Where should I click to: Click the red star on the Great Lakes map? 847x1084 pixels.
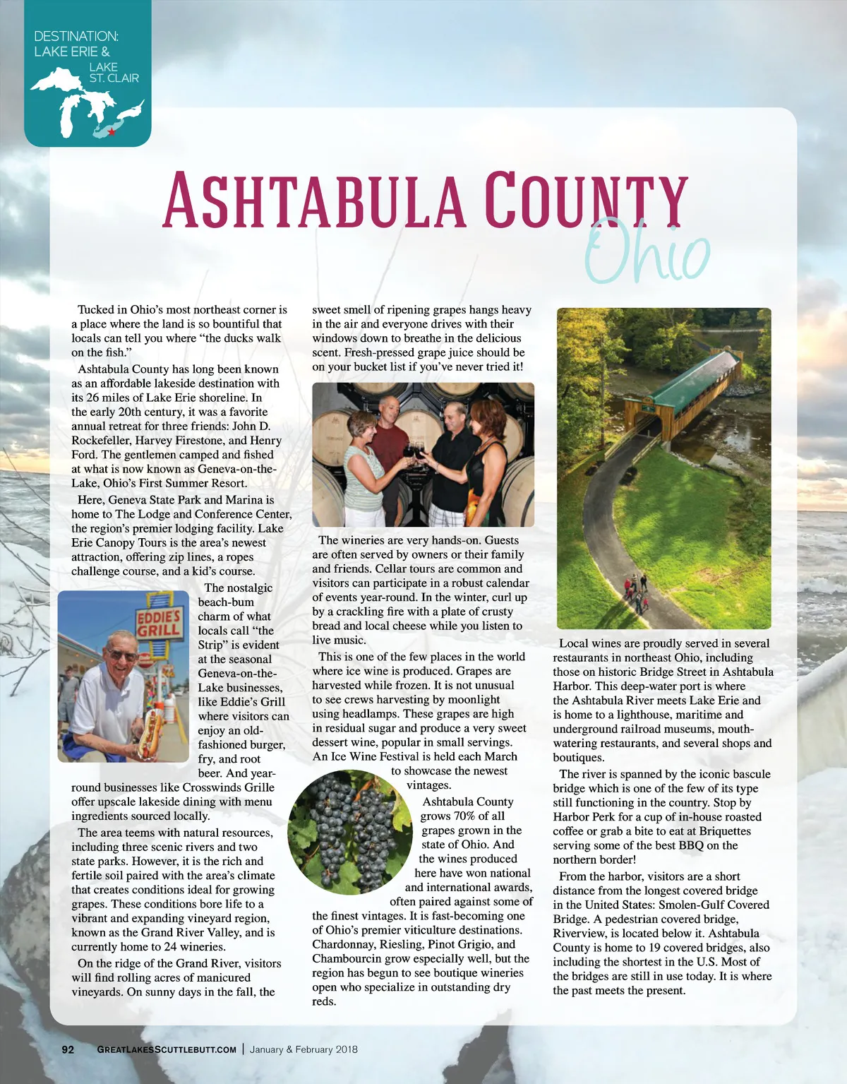112,132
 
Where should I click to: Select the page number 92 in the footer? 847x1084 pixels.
68,1049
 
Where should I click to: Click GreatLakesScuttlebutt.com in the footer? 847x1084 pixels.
167,1049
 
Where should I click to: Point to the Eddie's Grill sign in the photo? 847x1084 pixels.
159,621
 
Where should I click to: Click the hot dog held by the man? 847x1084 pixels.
148,734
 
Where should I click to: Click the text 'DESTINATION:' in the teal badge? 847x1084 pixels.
76,36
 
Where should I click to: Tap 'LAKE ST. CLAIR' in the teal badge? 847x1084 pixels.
114,73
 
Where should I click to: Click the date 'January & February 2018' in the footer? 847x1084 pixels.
304,1049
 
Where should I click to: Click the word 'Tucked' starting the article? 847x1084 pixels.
96,310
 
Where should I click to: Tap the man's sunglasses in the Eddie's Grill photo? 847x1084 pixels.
122,655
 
